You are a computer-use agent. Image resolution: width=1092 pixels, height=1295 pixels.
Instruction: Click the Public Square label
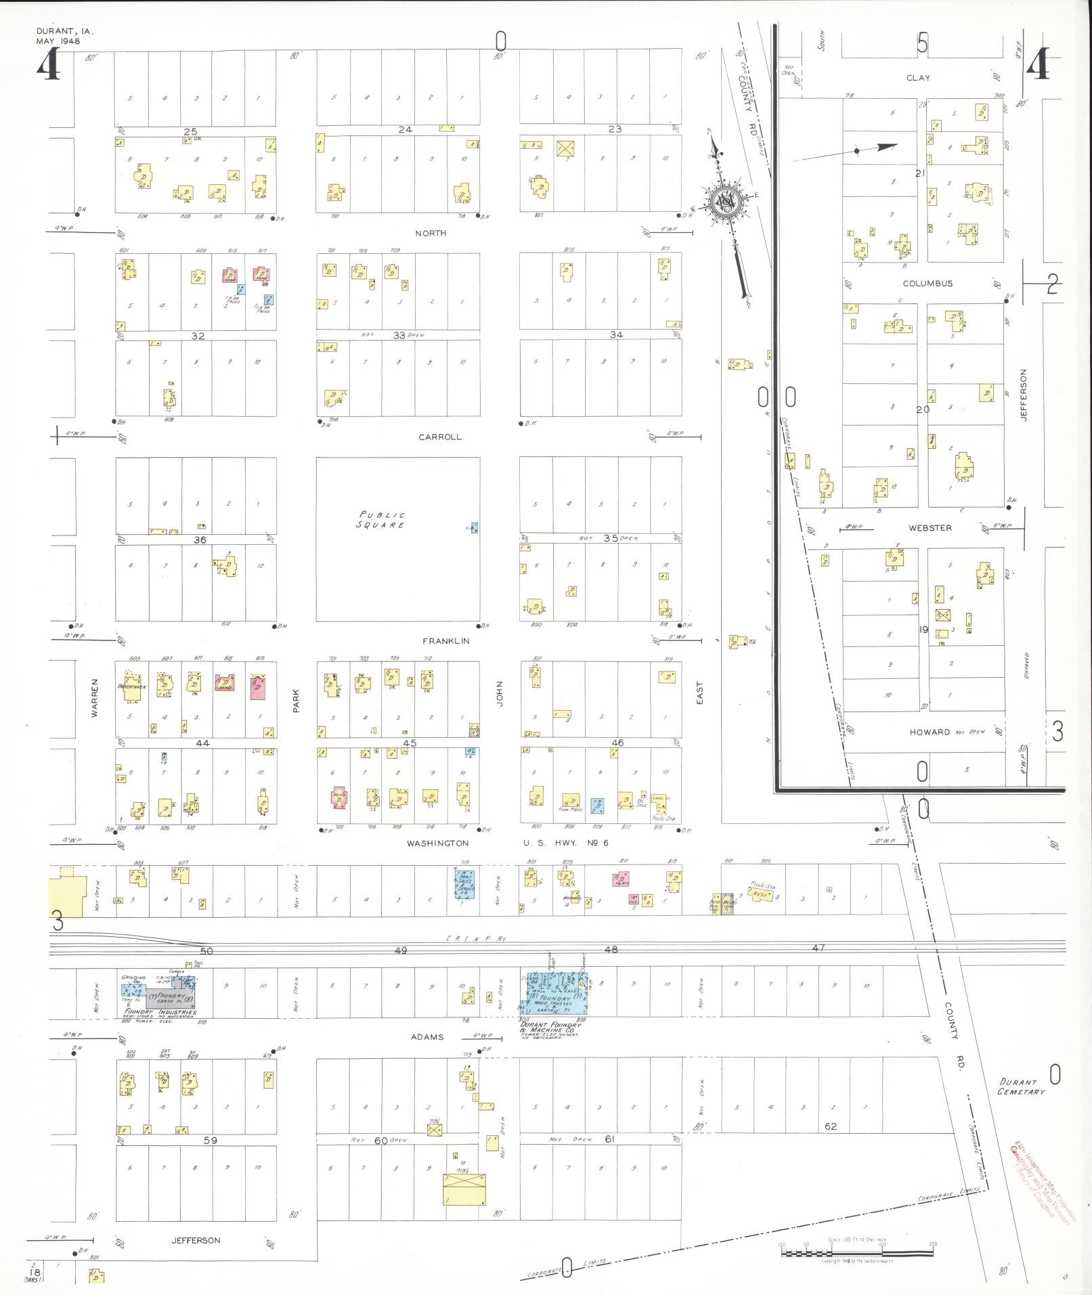(383, 519)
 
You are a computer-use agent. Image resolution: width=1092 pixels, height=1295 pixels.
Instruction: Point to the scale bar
(856, 1253)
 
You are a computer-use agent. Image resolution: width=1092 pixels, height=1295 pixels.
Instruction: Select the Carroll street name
(439, 437)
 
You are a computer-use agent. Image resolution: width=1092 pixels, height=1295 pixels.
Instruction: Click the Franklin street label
(445, 640)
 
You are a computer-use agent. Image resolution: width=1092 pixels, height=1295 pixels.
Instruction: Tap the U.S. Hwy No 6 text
(566, 843)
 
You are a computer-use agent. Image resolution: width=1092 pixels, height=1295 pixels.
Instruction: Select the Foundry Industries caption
(158, 1032)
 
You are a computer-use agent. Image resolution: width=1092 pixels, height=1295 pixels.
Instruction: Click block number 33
(399, 335)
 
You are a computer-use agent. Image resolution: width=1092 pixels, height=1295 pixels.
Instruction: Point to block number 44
(202, 743)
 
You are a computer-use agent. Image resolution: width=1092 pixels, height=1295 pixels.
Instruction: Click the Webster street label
(930, 527)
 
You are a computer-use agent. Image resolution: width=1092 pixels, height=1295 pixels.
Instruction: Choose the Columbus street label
(927, 284)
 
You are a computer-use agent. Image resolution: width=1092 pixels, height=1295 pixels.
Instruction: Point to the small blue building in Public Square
(474, 527)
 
